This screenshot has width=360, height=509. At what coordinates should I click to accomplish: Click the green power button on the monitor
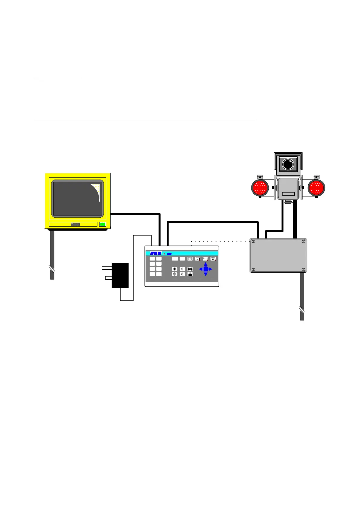[x=103, y=224]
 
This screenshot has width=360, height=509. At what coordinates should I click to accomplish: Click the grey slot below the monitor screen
[x=75, y=224]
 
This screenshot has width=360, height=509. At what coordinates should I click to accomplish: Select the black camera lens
[x=288, y=164]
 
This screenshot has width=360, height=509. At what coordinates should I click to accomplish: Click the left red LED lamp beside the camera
[x=260, y=188]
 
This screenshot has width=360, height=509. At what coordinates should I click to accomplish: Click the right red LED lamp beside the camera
[x=316, y=188]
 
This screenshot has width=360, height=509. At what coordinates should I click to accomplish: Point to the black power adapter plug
[x=120, y=275]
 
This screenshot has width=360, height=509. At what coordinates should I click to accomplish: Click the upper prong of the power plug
[x=107, y=267]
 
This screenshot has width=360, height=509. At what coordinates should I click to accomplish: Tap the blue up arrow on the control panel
[x=205, y=264]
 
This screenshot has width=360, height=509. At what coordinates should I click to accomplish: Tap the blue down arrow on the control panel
[x=205, y=274]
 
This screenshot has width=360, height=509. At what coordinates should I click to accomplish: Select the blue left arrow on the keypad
[x=201, y=269]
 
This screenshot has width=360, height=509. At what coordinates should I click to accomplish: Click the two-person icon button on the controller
[x=190, y=269]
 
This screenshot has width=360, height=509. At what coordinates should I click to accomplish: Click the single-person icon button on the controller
[x=190, y=274]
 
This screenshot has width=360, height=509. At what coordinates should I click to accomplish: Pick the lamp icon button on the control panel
[x=213, y=259]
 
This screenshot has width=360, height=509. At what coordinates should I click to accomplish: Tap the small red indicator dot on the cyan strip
[x=164, y=254]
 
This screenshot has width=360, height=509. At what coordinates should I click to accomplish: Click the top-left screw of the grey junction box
[x=253, y=242]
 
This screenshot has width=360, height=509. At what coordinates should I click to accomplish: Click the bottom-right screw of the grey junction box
[x=303, y=270]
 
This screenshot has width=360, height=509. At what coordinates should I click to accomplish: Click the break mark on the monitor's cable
[x=52, y=269]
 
